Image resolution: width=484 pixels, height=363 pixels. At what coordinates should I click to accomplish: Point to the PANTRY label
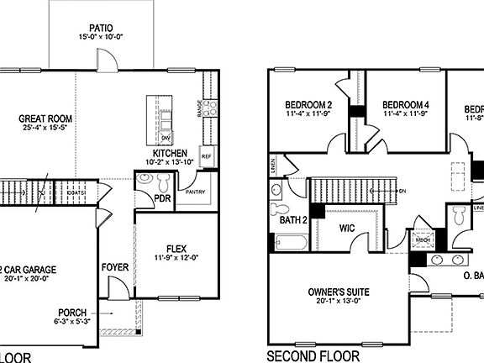196,192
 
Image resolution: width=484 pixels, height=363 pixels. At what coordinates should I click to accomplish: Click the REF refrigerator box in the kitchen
206,156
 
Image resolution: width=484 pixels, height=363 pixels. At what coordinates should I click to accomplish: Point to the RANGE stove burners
210,107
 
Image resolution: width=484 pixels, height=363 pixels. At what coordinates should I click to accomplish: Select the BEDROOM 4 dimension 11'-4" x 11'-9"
407,113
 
